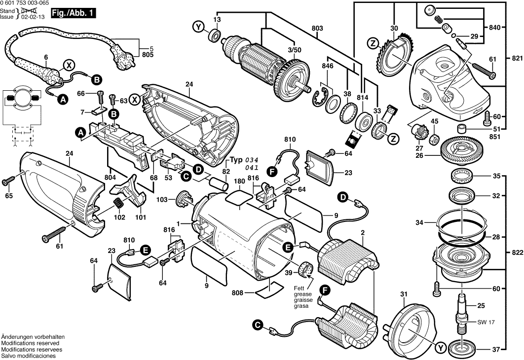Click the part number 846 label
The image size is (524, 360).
327,66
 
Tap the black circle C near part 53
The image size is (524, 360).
186,176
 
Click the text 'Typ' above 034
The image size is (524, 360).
238,161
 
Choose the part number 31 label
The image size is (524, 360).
404,295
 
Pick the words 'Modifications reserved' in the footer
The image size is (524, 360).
30,343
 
